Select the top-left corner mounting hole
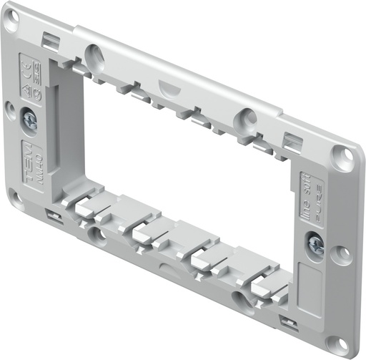pos(11,21)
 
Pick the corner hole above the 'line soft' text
pos(342,157)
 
